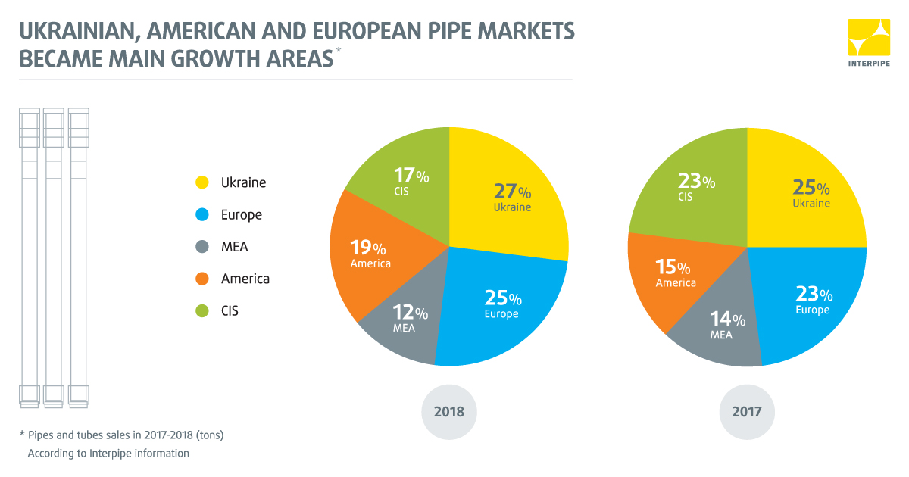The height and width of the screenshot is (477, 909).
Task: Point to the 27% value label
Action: [x=512, y=192]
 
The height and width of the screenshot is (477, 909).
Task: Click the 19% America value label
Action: [x=368, y=248]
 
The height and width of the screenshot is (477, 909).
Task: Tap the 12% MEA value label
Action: [x=411, y=313]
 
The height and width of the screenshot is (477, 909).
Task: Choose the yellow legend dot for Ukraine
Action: [x=201, y=182]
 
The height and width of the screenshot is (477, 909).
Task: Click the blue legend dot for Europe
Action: [x=201, y=214]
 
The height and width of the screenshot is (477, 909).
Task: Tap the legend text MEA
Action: [x=235, y=247]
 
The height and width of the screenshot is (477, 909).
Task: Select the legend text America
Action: [x=245, y=279]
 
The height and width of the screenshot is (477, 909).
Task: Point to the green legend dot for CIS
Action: [x=201, y=310]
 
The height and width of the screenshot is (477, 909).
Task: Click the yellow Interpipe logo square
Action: [x=869, y=39]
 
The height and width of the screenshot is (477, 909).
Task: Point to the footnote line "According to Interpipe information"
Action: [x=108, y=454]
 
